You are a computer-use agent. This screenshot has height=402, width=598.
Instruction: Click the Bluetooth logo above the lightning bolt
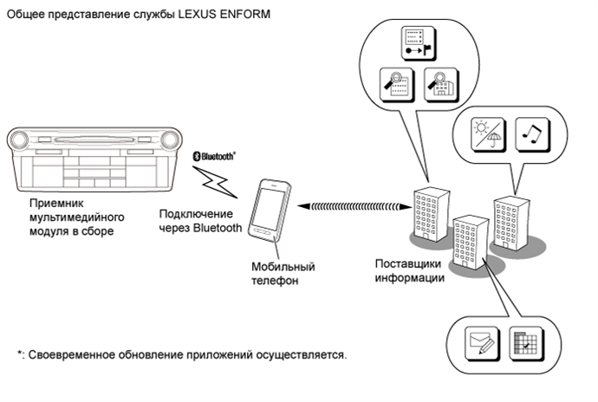[x=214, y=156]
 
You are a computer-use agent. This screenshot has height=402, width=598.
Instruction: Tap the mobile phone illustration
[x=270, y=211]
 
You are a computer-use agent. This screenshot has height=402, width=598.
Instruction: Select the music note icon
[x=532, y=134]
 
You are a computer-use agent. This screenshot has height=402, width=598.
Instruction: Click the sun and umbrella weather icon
[x=488, y=134]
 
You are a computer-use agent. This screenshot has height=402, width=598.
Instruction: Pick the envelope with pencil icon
[x=483, y=343]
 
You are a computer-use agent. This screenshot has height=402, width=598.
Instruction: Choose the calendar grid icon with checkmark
[x=527, y=343]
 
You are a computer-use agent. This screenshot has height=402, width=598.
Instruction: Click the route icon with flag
[x=419, y=43]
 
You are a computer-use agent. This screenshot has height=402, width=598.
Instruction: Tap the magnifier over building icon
[x=441, y=85]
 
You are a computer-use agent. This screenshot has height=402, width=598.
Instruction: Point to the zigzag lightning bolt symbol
[x=215, y=182]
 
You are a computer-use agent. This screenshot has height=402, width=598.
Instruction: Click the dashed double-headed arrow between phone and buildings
[x=354, y=206]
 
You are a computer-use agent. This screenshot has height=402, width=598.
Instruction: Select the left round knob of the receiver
[x=19, y=139]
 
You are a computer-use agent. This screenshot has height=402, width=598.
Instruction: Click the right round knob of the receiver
[x=170, y=139]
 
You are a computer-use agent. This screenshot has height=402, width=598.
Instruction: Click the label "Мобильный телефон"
[x=283, y=274]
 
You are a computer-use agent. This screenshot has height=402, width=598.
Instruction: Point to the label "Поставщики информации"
[x=410, y=270]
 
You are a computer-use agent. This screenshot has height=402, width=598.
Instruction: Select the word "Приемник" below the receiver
[x=56, y=203]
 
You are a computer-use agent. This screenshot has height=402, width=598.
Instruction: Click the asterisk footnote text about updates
[x=182, y=354]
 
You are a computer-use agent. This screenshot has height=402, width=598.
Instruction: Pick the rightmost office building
[x=511, y=223]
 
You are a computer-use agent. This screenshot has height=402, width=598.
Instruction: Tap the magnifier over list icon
[x=397, y=85]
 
